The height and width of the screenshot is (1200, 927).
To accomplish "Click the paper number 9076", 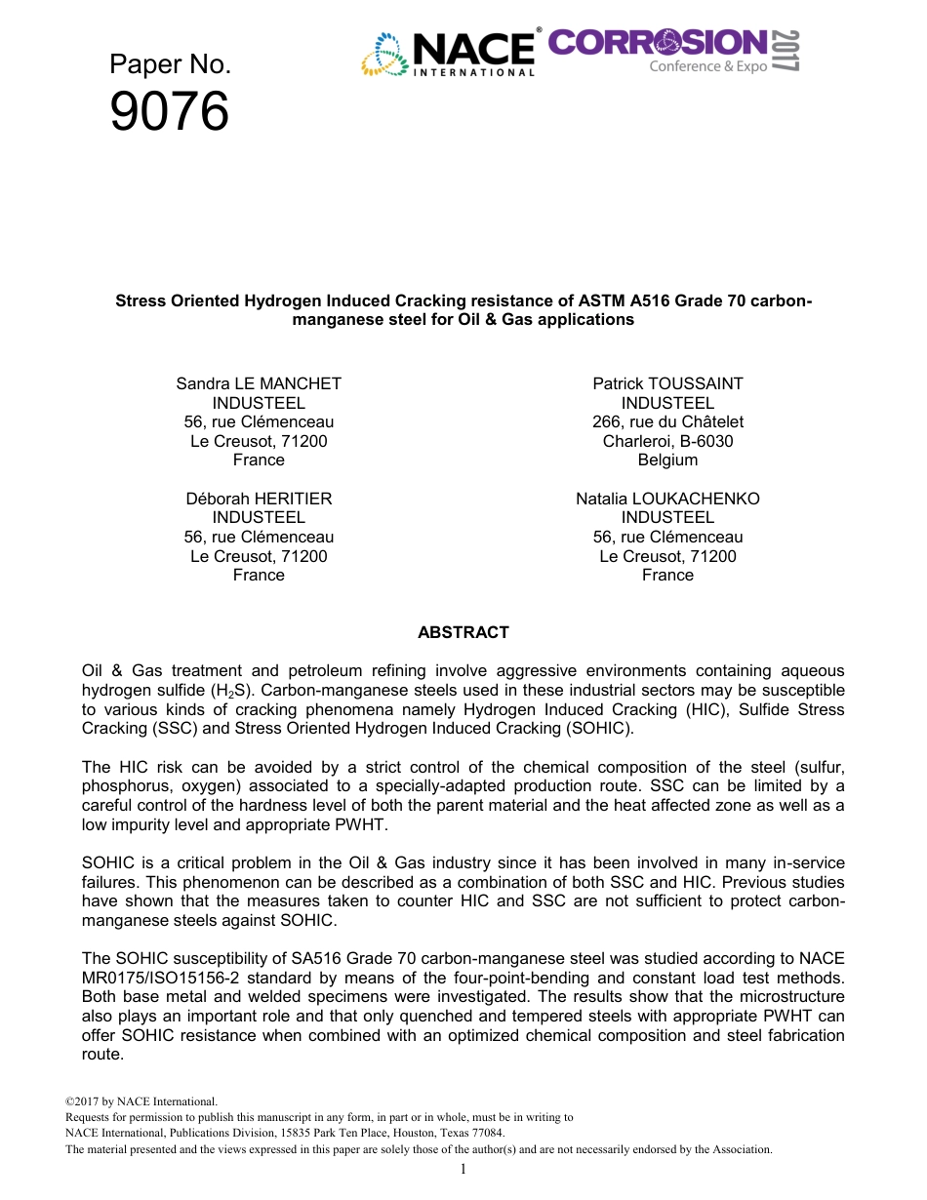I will click(x=170, y=112).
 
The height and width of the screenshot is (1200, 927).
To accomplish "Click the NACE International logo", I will click(x=450, y=53).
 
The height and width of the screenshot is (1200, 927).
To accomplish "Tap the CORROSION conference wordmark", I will click(x=658, y=42).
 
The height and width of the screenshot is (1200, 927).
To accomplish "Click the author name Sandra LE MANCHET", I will click(x=259, y=383).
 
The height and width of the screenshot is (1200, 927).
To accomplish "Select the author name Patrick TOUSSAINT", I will click(x=667, y=383).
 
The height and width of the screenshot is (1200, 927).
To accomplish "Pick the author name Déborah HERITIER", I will click(x=259, y=499).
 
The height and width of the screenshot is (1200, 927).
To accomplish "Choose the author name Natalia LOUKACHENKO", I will click(x=667, y=499).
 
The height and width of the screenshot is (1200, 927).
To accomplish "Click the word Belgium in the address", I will click(x=667, y=460).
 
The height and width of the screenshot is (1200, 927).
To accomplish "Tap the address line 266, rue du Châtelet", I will click(x=667, y=421).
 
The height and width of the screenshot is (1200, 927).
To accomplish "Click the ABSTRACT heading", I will click(x=463, y=632).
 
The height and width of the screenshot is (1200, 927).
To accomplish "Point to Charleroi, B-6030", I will click(x=667, y=441).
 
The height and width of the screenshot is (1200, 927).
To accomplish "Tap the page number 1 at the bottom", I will click(x=463, y=1170).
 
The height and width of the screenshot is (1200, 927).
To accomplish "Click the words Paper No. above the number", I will click(x=170, y=64).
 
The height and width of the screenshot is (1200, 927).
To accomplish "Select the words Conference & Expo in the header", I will click(x=708, y=66).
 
